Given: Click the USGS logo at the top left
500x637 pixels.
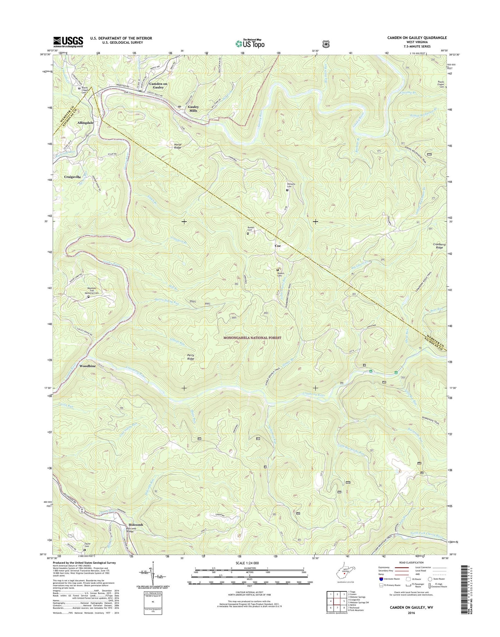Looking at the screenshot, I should (68, 42).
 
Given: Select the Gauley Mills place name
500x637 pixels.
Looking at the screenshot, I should (193, 109).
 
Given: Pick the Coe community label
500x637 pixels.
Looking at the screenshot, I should (278, 246).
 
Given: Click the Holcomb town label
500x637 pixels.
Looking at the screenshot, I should (134, 525).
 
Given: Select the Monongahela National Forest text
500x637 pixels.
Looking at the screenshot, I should (252, 338).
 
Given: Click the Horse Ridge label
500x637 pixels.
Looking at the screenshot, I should (178, 146).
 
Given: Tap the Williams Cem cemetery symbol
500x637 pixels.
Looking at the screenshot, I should (287, 190).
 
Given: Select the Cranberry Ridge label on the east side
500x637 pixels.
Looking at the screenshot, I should (439, 246).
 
